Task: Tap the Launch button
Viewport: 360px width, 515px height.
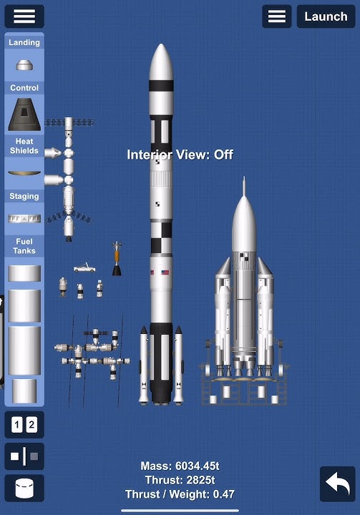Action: [326, 16]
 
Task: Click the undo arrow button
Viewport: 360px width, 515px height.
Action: [338, 484]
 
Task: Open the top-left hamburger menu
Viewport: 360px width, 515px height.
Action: [24, 16]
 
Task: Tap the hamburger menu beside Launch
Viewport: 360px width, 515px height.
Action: [277, 16]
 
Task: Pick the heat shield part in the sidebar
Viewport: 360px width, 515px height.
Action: [24, 173]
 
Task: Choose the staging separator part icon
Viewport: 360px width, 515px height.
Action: [24, 218]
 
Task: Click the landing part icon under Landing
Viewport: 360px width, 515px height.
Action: [24, 65]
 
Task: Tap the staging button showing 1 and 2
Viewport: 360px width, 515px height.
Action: [24, 425]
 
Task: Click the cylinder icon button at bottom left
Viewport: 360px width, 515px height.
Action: [24, 488]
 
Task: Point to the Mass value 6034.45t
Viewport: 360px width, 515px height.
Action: [197, 466]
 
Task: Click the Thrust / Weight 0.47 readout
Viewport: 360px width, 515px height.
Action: [180, 494]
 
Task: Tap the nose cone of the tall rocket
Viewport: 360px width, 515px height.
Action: [161, 62]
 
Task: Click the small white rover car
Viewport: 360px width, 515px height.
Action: [84, 268]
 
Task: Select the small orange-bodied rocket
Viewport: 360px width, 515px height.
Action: [117, 258]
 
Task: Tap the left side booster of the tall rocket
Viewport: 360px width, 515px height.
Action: [144, 365]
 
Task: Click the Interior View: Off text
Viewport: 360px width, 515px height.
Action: [180, 154]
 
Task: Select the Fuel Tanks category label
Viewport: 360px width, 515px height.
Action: [24, 246]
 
